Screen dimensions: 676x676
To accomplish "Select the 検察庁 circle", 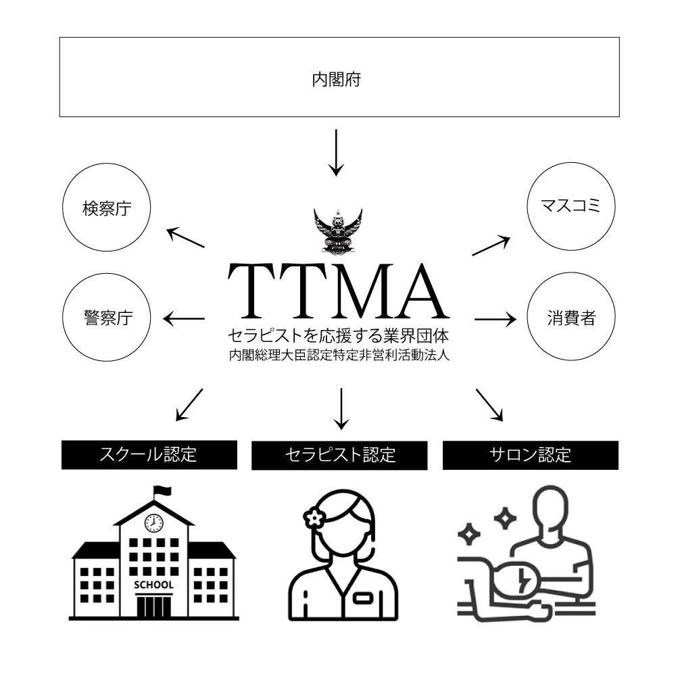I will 106,210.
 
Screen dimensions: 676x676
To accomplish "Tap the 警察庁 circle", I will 106,318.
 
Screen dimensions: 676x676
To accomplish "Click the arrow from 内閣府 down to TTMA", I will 336,151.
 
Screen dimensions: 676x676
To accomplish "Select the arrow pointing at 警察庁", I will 185,318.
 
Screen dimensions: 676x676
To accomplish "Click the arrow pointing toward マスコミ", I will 491,245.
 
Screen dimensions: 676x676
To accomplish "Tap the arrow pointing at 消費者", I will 495,318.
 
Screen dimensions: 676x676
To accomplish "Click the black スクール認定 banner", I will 149,455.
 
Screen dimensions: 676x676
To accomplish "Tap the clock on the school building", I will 153,523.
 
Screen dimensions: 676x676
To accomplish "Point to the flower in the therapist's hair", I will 313,517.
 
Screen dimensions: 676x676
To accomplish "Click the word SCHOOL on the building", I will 154,585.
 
